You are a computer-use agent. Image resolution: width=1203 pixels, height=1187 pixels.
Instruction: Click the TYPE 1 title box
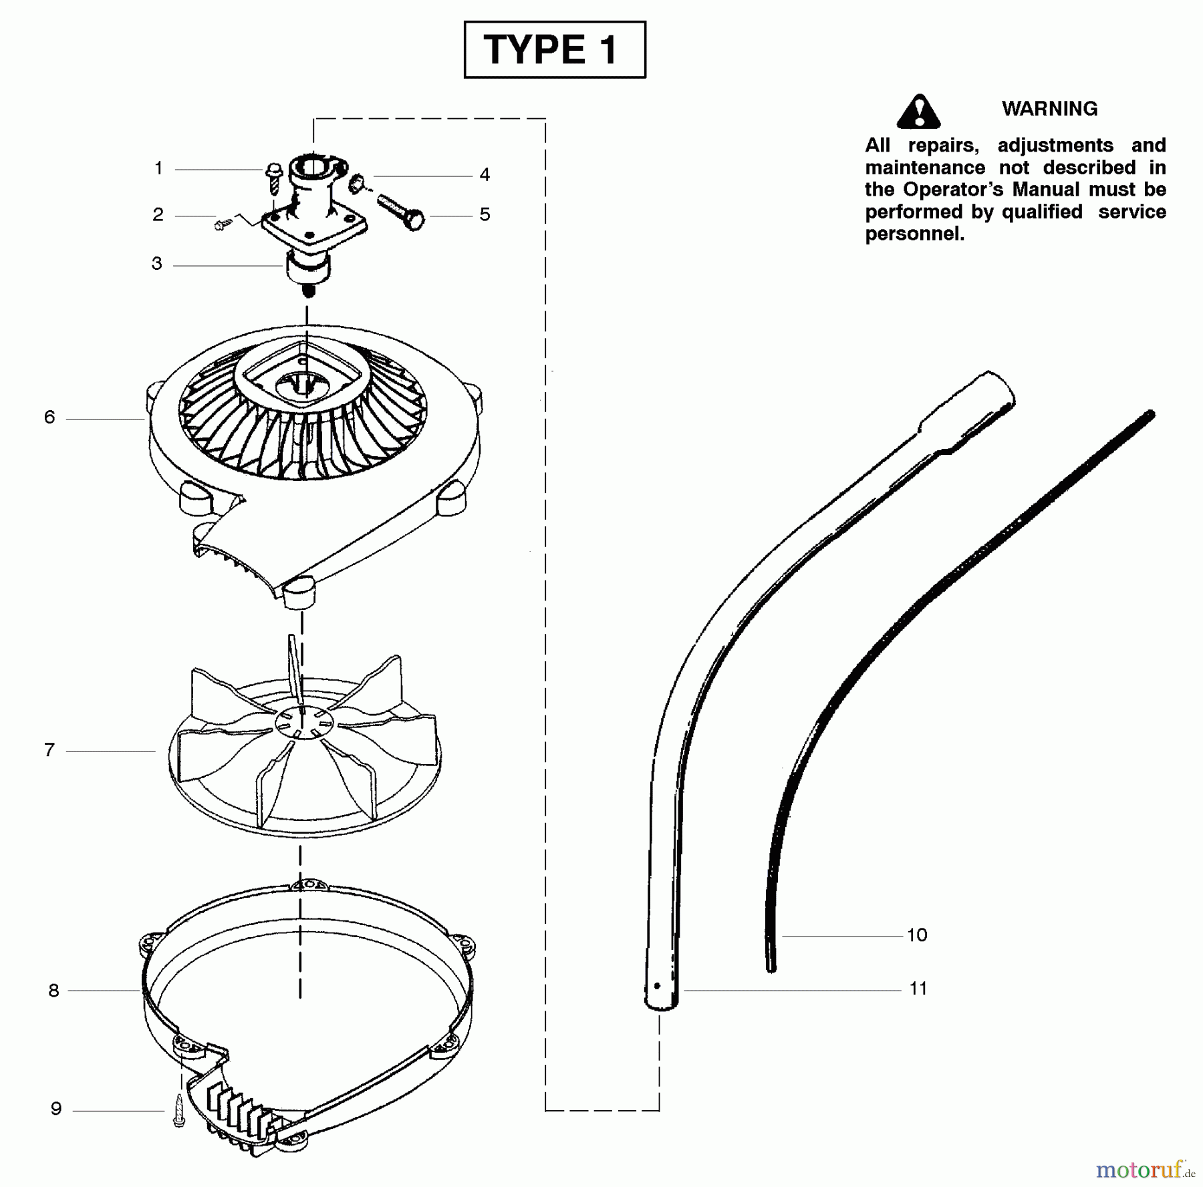[555, 49]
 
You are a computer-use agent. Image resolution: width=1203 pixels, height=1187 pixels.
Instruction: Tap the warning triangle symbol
[919, 111]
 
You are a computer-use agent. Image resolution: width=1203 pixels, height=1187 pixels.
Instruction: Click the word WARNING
[1049, 109]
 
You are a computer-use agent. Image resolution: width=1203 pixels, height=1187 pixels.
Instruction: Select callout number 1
[158, 168]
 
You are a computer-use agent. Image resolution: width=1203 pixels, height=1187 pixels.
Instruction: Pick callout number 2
[158, 214]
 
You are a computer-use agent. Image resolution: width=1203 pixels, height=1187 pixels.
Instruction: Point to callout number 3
[156, 263]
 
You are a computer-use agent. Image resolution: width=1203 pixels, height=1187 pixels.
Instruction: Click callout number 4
[485, 174]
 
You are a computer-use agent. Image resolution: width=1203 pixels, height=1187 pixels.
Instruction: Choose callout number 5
[485, 214]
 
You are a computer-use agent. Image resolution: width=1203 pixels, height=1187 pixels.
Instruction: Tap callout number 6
[49, 417]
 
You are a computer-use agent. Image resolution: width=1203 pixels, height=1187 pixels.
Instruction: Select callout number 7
[49, 750]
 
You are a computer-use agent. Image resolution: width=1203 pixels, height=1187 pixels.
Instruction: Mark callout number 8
[53, 991]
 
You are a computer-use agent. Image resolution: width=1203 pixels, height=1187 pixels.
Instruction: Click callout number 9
[56, 1109]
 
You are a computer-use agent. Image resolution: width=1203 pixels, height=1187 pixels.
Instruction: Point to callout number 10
[917, 935]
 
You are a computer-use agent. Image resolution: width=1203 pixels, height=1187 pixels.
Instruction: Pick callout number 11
[918, 989]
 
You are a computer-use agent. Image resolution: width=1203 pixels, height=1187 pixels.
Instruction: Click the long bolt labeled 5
[401, 210]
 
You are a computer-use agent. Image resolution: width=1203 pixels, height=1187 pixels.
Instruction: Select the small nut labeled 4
[358, 182]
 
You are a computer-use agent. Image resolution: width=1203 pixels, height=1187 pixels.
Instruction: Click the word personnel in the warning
[914, 234]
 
